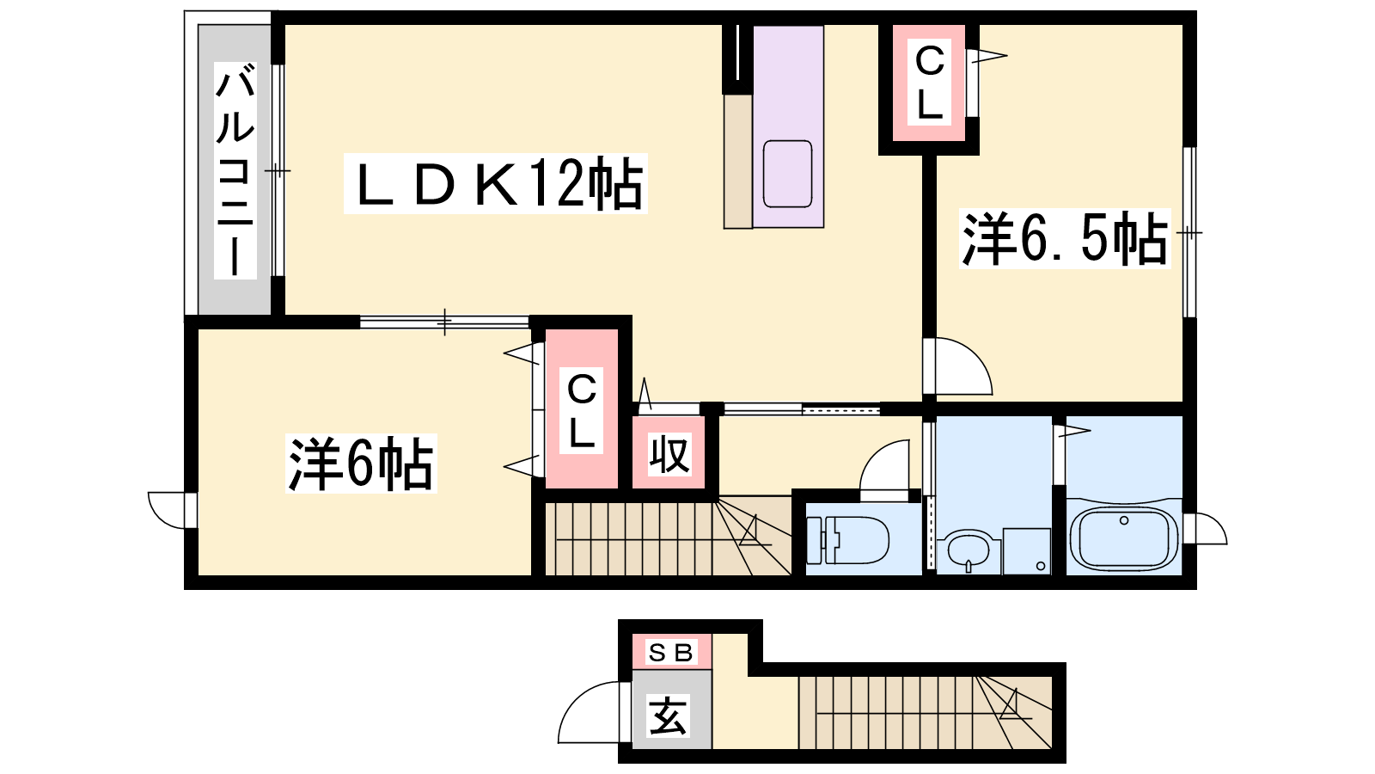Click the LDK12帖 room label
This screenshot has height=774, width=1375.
(495, 184)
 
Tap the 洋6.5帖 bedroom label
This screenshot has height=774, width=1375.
(1065, 239)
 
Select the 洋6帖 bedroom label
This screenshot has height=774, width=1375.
(361, 464)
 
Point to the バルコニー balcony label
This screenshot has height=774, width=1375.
(235, 170)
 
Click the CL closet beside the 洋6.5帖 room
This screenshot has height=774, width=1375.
(929, 83)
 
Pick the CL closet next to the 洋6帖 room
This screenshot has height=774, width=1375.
(581, 410)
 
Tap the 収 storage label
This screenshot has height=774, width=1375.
(669, 455)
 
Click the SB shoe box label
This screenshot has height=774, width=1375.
(670, 653)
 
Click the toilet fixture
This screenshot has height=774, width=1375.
(846, 541)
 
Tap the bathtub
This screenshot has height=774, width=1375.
(1124, 538)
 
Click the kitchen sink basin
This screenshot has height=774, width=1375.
(787, 174)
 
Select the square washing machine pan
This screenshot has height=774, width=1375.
(1026, 551)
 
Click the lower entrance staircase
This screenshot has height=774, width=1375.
(925, 713)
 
